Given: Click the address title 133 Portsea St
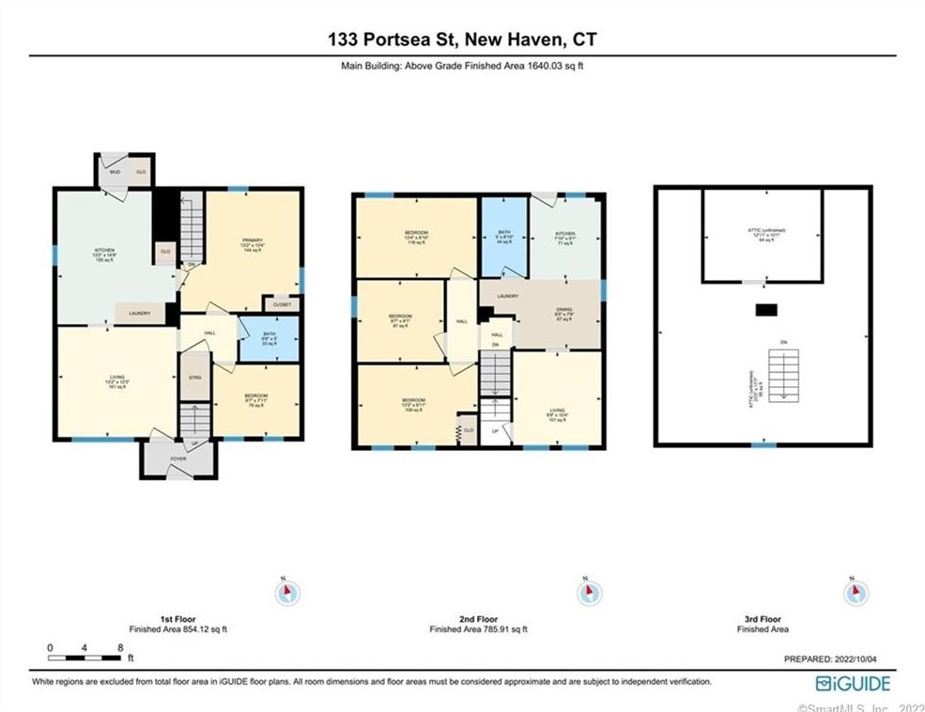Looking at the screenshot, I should point(462,39).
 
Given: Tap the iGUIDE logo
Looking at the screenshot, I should point(852,683).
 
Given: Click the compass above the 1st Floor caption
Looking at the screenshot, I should point(286,593).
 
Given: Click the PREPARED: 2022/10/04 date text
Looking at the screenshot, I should point(837,660).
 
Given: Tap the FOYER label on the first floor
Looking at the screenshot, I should point(177,458).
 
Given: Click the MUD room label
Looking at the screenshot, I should point(115,173).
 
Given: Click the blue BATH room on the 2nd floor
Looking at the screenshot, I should point(503,237).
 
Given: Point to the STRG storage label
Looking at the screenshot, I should point(194,377).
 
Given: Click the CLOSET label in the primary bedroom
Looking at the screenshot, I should point(282,304).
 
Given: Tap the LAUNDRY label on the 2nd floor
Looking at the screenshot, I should point(508,297).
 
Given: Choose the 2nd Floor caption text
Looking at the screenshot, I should point(478,620).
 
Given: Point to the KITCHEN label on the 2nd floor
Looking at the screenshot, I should point(564,234).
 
